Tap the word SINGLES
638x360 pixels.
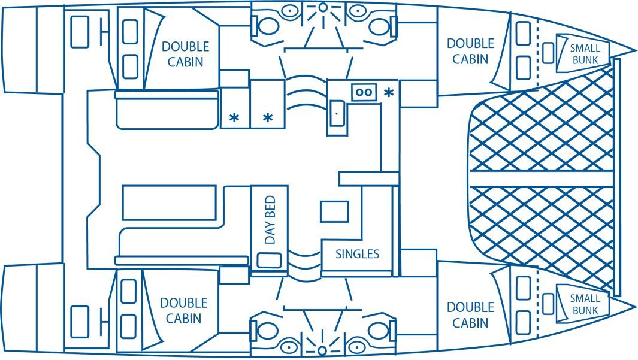[x=358, y=253]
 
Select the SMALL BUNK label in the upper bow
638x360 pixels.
[x=585, y=54]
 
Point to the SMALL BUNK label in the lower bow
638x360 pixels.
[x=585, y=304]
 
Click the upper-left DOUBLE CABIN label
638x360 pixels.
[x=185, y=54]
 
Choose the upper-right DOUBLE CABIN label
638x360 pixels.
[x=470, y=51]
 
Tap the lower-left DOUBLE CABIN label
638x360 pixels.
[x=184, y=311]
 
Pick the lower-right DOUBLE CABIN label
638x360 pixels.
[x=470, y=315]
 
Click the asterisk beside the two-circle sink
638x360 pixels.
[x=389, y=93]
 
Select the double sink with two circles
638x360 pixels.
[x=364, y=93]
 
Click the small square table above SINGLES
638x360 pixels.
[x=334, y=211]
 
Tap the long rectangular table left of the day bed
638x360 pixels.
[x=169, y=202]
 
